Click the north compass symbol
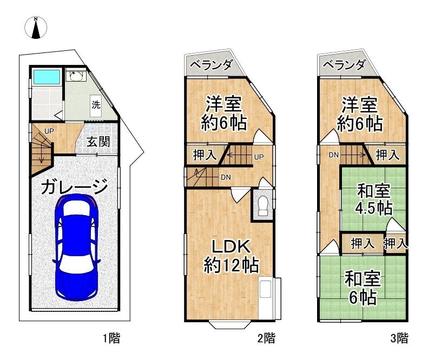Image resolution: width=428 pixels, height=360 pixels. tap(36, 28)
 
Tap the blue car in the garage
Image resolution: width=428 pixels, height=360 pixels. tap(76, 247)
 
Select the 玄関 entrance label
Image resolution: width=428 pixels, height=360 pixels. tap(98, 142)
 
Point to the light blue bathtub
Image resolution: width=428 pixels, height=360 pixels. tap(47, 77)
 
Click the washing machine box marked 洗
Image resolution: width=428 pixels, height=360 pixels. tap(96, 105)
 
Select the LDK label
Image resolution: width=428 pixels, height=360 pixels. tap(231, 246)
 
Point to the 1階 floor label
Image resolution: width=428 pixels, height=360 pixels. tap(111, 338)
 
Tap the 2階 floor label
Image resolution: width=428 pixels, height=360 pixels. tap(266, 338)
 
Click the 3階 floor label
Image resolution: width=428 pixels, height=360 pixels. tap(399, 338)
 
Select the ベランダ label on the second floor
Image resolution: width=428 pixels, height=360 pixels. tap(211, 65)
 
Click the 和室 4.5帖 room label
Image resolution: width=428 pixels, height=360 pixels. tap(374, 199)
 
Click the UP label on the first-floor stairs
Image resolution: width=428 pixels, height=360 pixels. tap(49, 131)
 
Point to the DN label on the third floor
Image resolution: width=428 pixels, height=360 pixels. tap(333, 155)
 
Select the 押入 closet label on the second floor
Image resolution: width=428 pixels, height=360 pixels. tap(205, 155)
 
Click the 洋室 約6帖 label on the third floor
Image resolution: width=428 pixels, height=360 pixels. tap(360, 114)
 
